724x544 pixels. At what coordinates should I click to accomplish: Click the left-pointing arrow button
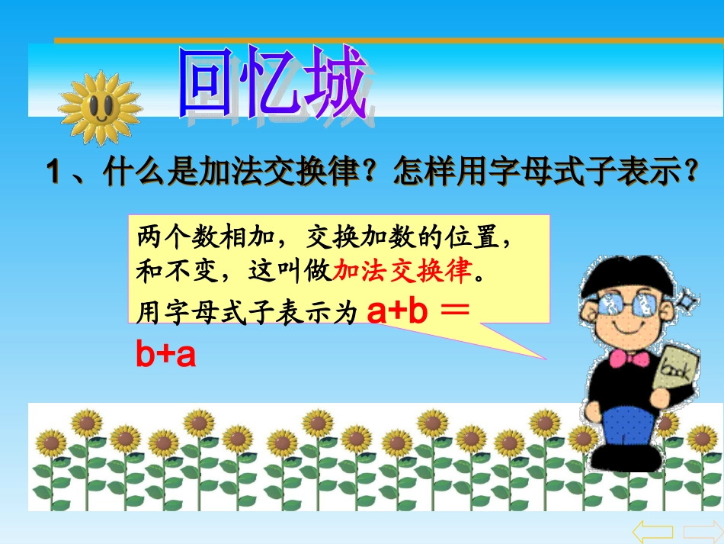(653, 531)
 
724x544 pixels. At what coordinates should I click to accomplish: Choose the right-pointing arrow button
(702, 531)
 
